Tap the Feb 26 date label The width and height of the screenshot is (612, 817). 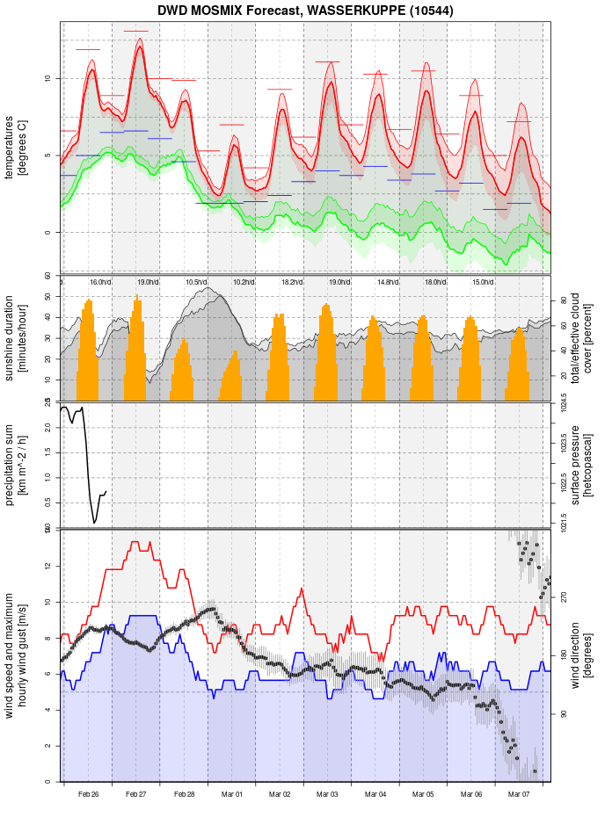tap(88, 794)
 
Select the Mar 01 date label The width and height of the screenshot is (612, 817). tap(232, 794)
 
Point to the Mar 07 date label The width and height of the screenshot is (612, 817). tap(520, 794)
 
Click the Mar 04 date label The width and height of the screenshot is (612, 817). tap(375, 794)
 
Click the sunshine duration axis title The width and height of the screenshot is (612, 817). tap(16, 337)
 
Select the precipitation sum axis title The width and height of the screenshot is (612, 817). tap(16, 465)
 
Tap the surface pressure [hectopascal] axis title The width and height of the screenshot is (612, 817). tap(579, 465)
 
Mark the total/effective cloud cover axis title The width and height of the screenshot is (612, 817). tap(579, 337)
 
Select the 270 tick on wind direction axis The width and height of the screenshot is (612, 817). tap(565, 596)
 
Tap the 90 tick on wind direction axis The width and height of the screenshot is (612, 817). tap(565, 713)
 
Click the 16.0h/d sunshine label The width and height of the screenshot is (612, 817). tap(100, 282)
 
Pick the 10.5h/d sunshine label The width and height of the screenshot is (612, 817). tap(196, 282)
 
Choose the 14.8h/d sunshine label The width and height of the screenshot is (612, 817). tap(388, 282)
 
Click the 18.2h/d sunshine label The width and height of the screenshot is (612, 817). tap(292, 282)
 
